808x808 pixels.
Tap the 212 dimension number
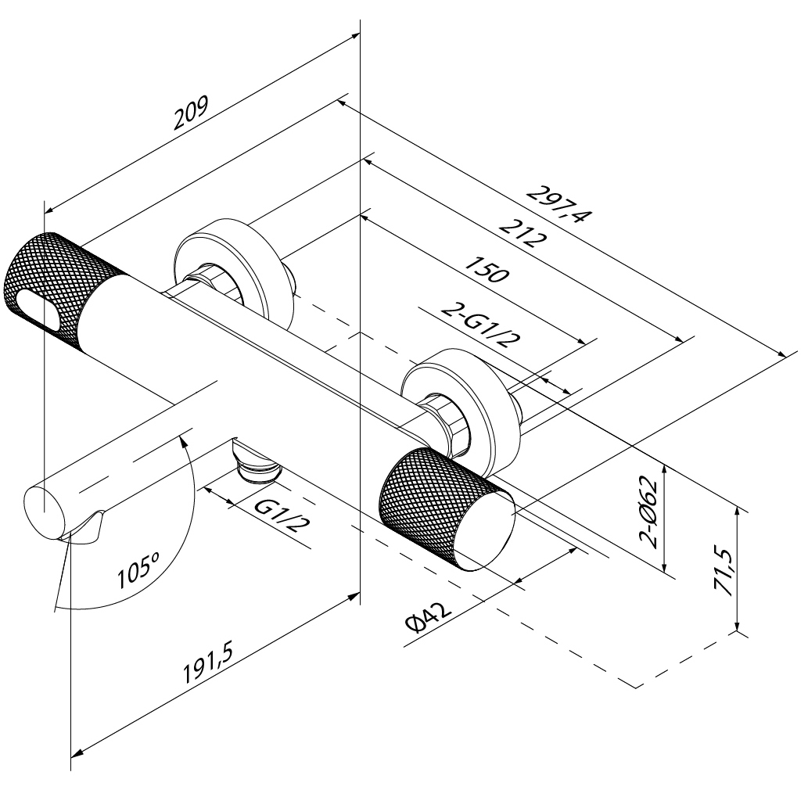[x=521, y=232]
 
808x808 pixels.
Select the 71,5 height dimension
[x=723, y=573]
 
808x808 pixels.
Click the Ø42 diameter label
[x=428, y=618]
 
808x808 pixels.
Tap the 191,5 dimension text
[x=209, y=664]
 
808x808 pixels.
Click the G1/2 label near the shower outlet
[x=279, y=516]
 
